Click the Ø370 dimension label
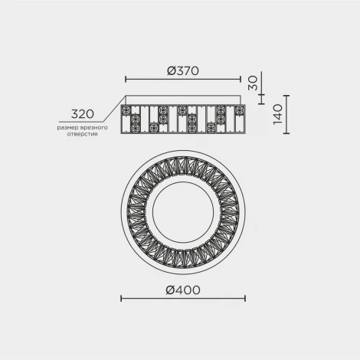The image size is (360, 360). [x=183, y=70]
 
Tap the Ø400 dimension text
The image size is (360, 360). [x=183, y=290]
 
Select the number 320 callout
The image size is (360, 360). [x=83, y=114]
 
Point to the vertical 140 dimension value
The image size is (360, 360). [x=278, y=114]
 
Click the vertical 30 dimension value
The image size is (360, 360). [x=253, y=83]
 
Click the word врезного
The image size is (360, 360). [x=93, y=127]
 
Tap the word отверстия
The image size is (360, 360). [x=83, y=134]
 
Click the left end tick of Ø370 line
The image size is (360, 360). [x=126, y=79]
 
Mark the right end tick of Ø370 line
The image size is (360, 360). [x=241, y=79]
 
